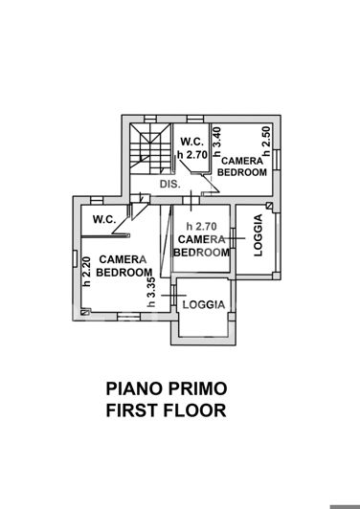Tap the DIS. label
click(169, 184)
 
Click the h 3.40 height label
click(216, 142)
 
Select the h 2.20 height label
click(86, 271)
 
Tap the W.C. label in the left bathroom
click(104, 219)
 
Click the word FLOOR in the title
click(196, 411)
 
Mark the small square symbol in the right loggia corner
click(271, 207)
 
